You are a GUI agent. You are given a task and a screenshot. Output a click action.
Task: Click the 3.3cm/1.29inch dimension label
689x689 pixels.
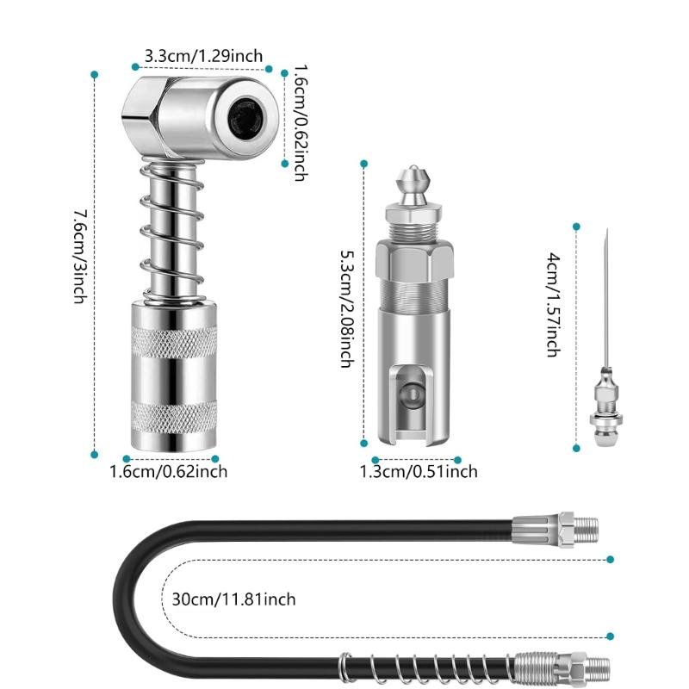(x=203, y=56)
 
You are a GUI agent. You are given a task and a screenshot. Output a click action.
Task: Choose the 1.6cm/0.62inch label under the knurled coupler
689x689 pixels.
(x=169, y=471)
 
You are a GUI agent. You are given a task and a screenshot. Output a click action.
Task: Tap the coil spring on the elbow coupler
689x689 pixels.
(x=172, y=233)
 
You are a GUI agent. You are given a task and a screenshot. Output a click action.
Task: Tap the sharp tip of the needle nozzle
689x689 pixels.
(x=606, y=234)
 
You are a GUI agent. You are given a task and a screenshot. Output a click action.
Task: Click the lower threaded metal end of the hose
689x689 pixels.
(x=564, y=665)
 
